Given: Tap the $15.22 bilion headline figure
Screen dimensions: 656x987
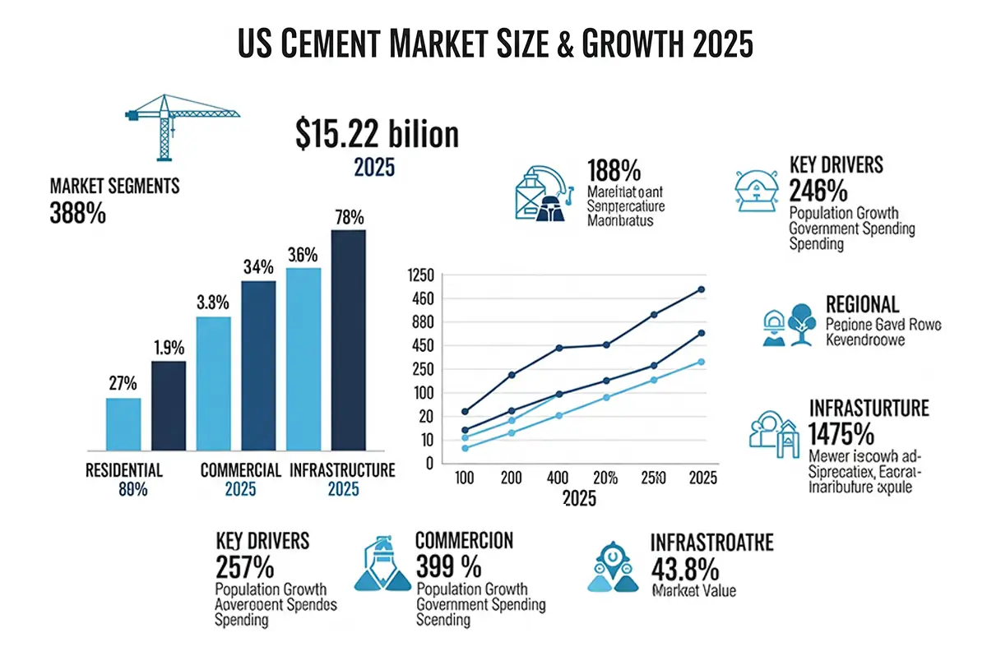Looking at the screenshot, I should tap(377, 134).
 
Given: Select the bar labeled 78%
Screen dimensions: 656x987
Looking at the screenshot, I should tap(349, 340).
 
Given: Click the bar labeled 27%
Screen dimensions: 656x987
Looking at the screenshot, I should tap(123, 424).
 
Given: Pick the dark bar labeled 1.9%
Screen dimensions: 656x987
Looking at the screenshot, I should tap(169, 406).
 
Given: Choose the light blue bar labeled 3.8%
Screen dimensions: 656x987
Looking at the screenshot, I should tap(214, 383).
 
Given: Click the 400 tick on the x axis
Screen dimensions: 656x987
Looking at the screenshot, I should tap(558, 478).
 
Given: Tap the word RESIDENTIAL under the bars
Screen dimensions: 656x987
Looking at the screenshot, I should tap(124, 471).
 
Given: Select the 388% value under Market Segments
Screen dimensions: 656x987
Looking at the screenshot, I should tap(78, 215).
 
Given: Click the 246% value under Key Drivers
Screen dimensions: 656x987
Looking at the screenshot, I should tap(818, 192).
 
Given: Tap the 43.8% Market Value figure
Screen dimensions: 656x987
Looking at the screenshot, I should tap(684, 568).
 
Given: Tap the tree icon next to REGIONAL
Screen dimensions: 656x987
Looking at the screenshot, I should tap(800, 321).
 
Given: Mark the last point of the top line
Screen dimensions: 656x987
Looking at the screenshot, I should tap(701, 289).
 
